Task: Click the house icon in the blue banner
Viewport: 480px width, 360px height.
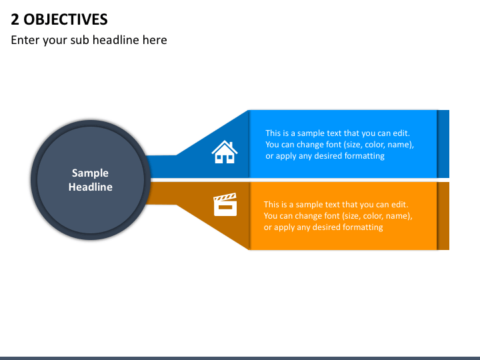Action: point(225,152)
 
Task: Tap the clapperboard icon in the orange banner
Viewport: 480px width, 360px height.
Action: point(225,205)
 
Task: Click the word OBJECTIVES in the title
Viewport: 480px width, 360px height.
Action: point(65,19)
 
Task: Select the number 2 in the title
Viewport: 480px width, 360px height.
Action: point(15,19)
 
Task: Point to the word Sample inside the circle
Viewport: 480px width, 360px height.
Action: point(90,173)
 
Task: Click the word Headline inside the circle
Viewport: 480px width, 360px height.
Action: point(90,187)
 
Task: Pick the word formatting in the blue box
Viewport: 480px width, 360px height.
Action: point(365,156)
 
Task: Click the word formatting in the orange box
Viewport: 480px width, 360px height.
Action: point(363,227)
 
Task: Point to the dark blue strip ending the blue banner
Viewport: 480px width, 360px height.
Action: point(443,144)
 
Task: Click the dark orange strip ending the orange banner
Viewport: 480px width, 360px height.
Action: point(443,216)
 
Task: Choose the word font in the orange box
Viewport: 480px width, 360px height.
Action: point(331,216)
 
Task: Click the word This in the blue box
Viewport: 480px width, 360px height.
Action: point(273,133)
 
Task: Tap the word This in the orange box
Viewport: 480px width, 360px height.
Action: point(271,205)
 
